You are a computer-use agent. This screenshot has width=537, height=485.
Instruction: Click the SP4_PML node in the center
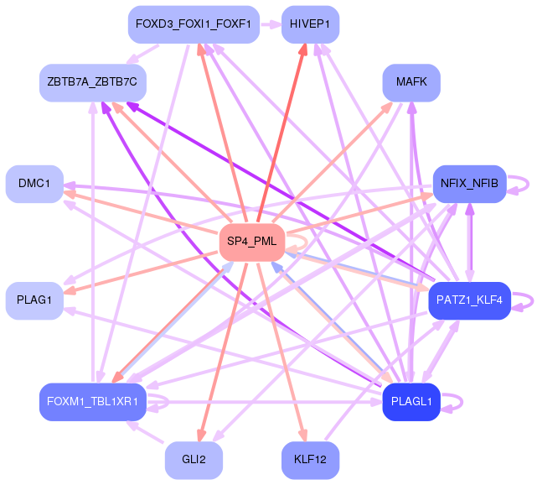click(x=251, y=242)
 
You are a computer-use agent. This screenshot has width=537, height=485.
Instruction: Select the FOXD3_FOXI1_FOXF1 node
click(x=194, y=23)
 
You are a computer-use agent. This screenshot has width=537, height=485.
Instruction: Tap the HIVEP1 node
click(x=310, y=23)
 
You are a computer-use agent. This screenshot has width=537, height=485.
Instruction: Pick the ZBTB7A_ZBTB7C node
click(x=93, y=82)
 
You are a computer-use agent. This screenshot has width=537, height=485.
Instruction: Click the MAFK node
click(x=411, y=82)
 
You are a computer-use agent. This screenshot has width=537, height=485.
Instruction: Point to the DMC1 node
click(x=34, y=183)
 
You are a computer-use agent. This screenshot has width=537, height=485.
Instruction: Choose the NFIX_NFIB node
click(x=469, y=183)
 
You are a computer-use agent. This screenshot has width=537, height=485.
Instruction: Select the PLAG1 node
click(x=34, y=300)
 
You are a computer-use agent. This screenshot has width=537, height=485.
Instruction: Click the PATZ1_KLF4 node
click(x=469, y=300)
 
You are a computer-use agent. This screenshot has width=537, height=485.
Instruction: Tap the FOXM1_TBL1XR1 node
click(x=93, y=401)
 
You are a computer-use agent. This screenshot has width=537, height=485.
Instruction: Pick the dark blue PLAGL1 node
click(x=411, y=401)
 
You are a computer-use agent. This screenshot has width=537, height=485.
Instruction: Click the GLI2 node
click(x=194, y=460)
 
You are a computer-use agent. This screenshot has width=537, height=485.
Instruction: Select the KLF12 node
click(x=310, y=460)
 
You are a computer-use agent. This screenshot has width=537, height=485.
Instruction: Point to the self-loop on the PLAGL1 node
click(x=459, y=402)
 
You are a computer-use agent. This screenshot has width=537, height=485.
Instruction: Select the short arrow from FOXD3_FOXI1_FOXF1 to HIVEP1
click(x=271, y=23)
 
